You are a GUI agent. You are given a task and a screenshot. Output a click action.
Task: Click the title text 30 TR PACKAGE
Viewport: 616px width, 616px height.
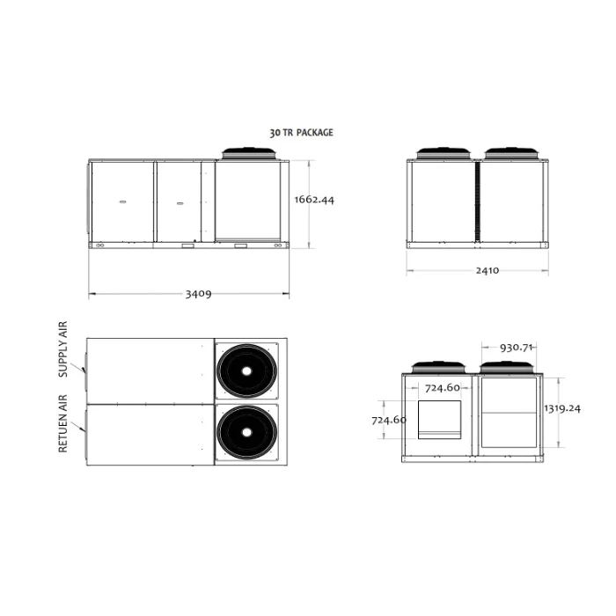[301, 133]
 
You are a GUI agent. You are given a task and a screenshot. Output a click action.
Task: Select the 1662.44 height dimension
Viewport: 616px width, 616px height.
[314, 200]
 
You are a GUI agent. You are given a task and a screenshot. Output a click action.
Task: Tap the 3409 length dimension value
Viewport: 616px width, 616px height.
[198, 294]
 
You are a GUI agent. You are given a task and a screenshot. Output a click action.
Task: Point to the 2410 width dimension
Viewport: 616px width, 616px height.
[488, 270]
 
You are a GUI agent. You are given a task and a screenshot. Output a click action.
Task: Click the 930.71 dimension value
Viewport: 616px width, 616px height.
[516, 348]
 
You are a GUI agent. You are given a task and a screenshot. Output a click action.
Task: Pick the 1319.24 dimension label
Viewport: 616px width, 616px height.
[562, 408]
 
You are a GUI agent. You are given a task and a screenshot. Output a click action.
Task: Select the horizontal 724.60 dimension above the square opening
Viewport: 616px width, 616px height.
[443, 388]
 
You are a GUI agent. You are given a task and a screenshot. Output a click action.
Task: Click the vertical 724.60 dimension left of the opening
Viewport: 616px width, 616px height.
[389, 420]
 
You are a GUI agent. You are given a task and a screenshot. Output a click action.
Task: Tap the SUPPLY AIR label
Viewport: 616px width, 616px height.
[62, 349]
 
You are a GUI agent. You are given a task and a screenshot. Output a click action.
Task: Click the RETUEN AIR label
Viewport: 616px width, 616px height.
[62, 423]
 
